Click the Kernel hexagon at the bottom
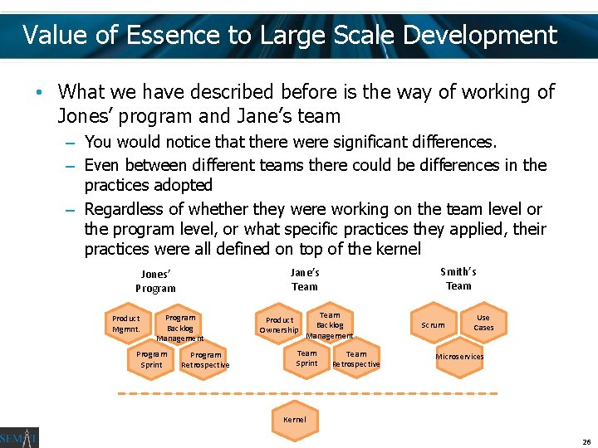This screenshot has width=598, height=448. (x=295, y=420)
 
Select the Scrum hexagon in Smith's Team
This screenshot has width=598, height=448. (x=433, y=325)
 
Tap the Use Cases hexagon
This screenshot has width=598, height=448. (x=483, y=323)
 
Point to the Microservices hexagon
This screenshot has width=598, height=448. (x=459, y=357)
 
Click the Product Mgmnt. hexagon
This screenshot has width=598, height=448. (x=126, y=324)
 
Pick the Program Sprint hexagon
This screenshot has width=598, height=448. (x=152, y=359)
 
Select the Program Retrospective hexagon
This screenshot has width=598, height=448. (x=205, y=360)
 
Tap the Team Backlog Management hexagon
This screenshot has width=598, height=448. (x=330, y=324)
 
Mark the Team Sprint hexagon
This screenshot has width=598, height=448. (x=307, y=358)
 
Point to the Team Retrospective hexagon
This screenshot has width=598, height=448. (x=356, y=359)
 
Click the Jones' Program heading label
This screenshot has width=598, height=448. (x=155, y=281)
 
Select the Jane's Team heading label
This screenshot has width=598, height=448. (x=305, y=280)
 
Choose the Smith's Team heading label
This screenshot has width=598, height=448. (x=458, y=279)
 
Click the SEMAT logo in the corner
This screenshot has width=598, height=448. (x=19, y=437)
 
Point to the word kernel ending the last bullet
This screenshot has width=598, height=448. (x=398, y=249)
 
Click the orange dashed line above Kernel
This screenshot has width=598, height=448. (x=307, y=392)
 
